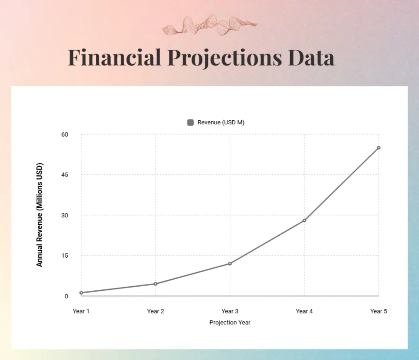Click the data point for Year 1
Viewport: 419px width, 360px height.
[x=81, y=293]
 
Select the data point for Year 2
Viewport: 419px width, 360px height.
[x=156, y=284]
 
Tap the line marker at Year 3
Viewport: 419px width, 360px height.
[x=230, y=264]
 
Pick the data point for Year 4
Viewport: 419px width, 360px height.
[x=304, y=221]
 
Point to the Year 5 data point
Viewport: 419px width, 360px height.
[x=378, y=148]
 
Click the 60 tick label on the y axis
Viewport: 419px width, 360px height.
[x=65, y=135]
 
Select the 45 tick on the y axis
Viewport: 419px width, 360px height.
[x=65, y=175]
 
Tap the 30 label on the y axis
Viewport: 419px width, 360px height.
[x=65, y=215]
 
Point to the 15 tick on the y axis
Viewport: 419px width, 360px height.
[x=65, y=255]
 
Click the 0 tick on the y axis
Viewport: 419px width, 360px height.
[x=66, y=296]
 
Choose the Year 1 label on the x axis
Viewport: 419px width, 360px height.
[x=81, y=311]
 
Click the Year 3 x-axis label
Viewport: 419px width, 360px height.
[x=230, y=311]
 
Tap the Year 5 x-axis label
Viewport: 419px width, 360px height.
[x=378, y=311]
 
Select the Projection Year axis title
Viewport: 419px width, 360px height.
[x=230, y=322]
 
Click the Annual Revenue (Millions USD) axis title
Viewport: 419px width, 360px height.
[x=39, y=215]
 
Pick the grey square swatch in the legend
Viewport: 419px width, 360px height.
[x=191, y=122]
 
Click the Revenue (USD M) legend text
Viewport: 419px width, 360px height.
[x=221, y=122]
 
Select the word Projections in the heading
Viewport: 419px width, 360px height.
[x=225, y=58]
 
